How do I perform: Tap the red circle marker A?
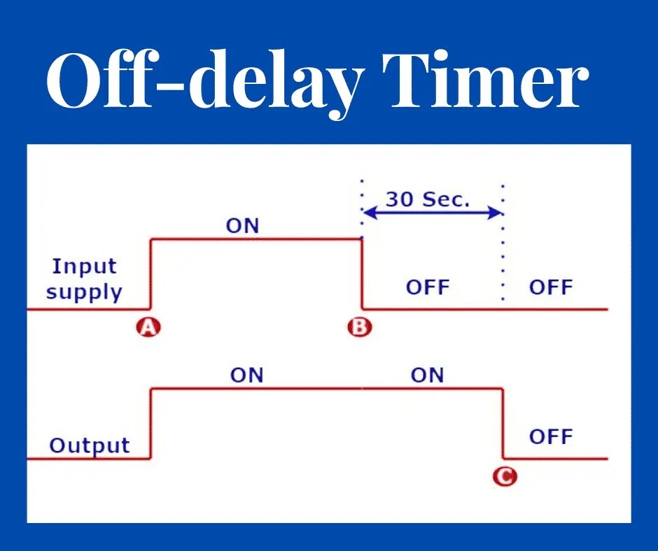(148, 327)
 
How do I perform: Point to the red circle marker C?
(505, 477)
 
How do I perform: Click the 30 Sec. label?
(428, 199)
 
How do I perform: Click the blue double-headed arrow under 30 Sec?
(433, 213)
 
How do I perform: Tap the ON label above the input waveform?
(242, 226)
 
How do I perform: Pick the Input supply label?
(84, 278)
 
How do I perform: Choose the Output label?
(90, 445)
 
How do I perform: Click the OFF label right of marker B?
(427, 287)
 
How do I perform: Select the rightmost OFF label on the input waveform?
(550, 287)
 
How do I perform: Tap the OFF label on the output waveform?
(550, 437)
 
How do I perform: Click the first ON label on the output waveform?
(246, 375)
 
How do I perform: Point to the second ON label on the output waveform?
(427, 375)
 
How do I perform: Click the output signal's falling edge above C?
(503, 423)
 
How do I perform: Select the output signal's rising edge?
(151, 423)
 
